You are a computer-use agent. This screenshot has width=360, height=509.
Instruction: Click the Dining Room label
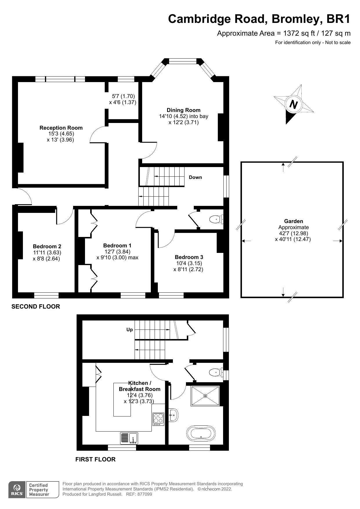(183, 110)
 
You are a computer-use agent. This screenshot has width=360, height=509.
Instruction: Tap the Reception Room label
(61, 128)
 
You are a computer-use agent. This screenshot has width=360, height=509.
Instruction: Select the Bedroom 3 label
(189, 257)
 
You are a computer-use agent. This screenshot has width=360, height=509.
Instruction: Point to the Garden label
(294, 221)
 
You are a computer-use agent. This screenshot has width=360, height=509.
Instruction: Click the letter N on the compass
(294, 104)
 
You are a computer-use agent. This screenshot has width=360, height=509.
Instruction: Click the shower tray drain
(205, 396)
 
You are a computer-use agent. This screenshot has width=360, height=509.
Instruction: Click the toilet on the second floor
(216, 219)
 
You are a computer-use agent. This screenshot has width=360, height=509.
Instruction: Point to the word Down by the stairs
(196, 177)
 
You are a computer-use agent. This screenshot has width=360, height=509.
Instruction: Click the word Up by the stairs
(129, 329)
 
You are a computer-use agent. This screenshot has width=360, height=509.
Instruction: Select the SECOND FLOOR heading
(36, 307)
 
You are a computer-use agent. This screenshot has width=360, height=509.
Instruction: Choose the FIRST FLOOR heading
(95, 459)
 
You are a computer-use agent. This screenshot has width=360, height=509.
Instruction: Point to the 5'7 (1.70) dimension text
(123, 96)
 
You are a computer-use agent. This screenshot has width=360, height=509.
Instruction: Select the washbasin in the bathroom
(173, 415)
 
